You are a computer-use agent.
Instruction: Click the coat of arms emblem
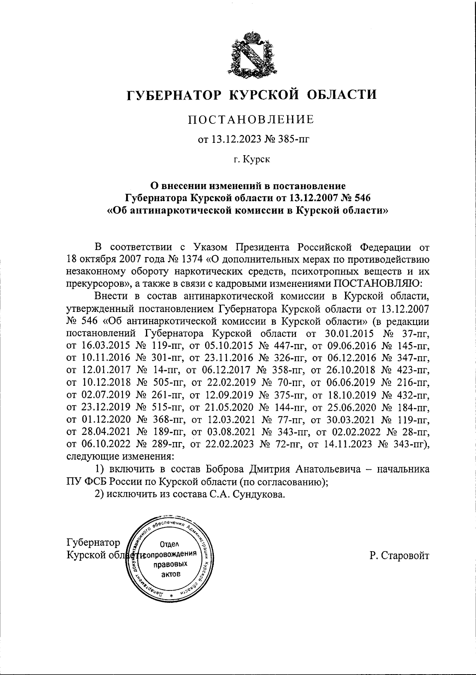[x=251, y=55]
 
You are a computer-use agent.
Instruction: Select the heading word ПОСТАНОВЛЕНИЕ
[x=251, y=119]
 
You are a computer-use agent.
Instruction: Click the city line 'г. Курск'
[x=251, y=160]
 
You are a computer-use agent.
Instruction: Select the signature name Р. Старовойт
[x=399, y=556]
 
